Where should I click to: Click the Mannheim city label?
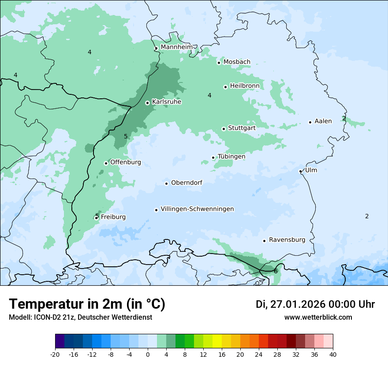pyautogui.click(x=176, y=47)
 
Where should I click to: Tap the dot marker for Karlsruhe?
pyautogui.click(x=148, y=103)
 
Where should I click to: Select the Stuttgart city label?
pyautogui.click(x=242, y=128)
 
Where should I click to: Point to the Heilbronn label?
pyautogui.click(x=244, y=86)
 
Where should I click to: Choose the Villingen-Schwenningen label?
pyautogui.click(x=197, y=209)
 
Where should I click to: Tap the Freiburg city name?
pyautogui.click(x=113, y=217)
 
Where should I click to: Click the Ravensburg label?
pyautogui.click(x=287, y=240)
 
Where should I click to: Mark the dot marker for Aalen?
pyautogui.click(x=310, y=122)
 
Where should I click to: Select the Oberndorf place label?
pyautogui.click(x=187, y=183)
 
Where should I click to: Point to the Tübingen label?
pyautogui.click(x=231, y=157)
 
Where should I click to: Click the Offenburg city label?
pyautogui.click(x=126, y=162)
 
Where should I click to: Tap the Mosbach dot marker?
pyautogui.click(x=219, y=63)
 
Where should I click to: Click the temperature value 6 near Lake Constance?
pyautogui.click(x=276, y=271)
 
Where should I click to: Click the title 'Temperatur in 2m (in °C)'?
pyautogui.click(x=87, y=304)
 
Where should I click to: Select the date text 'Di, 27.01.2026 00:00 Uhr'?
pyautogui.click(x=315, y=304)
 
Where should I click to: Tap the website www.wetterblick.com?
pyautogui.click(x=318, y=317)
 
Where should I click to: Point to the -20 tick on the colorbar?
pyautogui.click(x=55, y=355)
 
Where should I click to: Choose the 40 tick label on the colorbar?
pyautogui.click(x=333, y=355)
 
